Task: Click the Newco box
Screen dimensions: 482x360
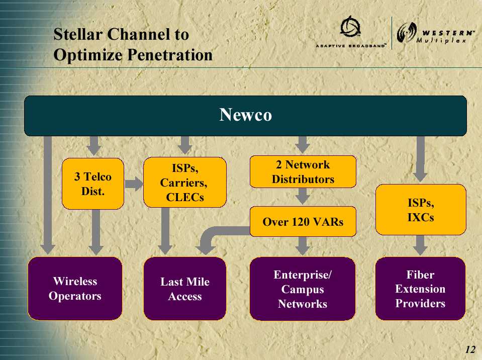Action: tap(245, 116)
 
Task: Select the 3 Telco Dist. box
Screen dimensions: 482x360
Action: tap(93, 184)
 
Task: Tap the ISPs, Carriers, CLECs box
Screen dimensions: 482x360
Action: tap(185, 183)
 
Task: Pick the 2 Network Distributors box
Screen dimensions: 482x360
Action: tap(303, 171)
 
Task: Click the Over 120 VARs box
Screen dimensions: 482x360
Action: tap(303, 221)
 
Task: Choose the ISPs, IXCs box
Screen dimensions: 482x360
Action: tap(421, 210)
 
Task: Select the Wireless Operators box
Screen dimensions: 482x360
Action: tap(75, 289)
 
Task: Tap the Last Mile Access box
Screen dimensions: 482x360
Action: tap(185, 289)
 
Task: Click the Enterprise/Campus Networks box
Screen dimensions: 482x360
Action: tap(303, 289)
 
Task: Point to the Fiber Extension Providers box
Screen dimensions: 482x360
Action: tap(420, 289)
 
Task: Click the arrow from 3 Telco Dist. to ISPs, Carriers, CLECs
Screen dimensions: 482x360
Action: tap(134, 184)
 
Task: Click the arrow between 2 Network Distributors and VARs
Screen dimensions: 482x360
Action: tap(303, 196)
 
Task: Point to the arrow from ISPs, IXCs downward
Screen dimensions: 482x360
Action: tap(420, 245)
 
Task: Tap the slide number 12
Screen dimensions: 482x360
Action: tap(470, 349)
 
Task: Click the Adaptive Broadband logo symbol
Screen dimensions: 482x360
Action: tap(350, 27)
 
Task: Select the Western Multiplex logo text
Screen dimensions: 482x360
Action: tap(445, 37)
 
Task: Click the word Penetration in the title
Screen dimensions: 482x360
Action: tap(170, 55)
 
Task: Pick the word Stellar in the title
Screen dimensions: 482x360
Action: tap(77, 34)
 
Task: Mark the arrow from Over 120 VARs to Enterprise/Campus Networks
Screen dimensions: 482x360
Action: tap(303, 246)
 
